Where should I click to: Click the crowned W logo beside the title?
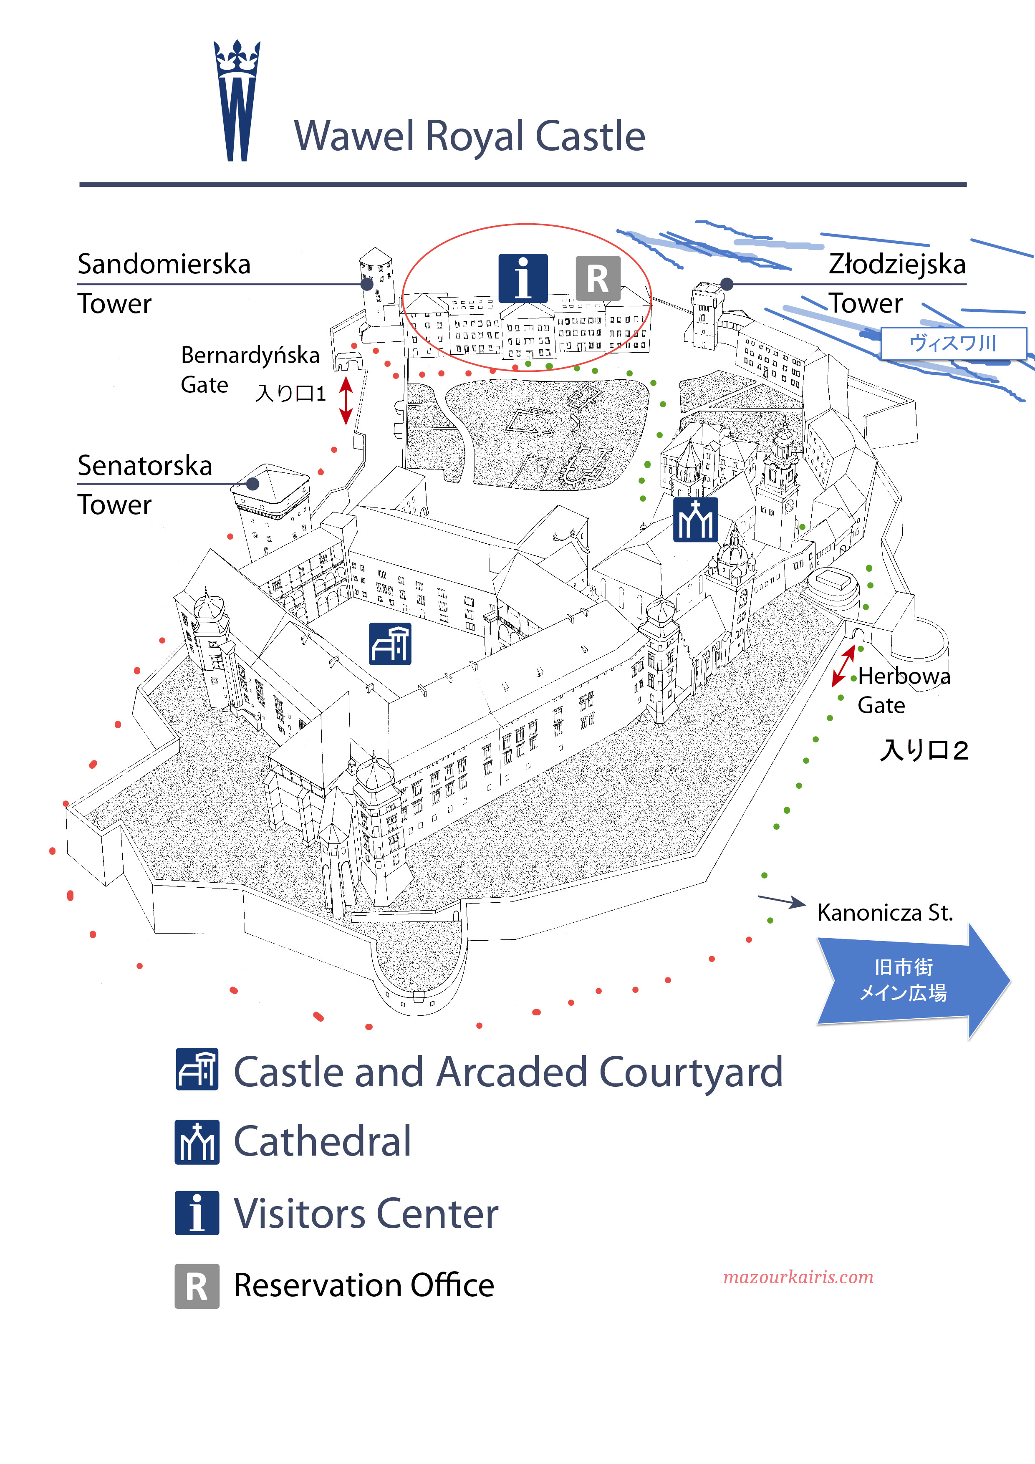[x=237, y=101]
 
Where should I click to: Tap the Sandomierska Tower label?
[x=164, y=283]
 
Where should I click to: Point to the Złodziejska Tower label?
[x=896, y=283]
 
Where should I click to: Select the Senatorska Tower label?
[x=145, y=484]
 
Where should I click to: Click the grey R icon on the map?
[x=598, y=279]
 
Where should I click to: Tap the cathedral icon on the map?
[x=695, y=520]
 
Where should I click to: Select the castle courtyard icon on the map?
[x=390, y=644]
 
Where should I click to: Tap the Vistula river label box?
[x=953, y=344]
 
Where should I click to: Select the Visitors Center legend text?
[x=366, y=1214]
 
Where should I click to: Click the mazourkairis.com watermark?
[x=798, y=1277]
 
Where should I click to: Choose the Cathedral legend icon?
[x=197, y=1142]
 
